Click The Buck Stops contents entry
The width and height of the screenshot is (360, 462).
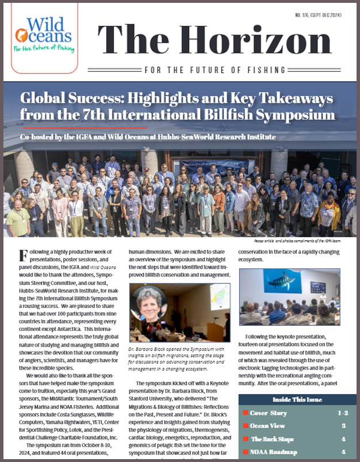tap(271, 439)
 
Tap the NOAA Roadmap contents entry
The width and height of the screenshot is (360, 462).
tap(274, 452)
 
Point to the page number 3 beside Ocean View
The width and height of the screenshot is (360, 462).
tap(343, 426)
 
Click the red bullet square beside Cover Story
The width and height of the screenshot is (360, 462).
tap(245, 413)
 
